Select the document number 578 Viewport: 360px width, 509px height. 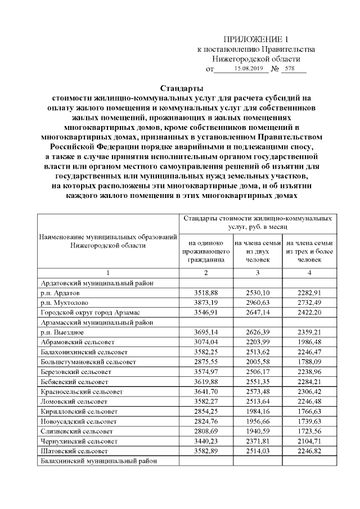pyautogui.click(x=290, y=69)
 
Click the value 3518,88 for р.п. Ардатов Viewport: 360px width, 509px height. pyautogui.click(x=205, y=294)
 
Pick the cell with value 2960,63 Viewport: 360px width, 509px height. pyautogui.click(x=258, y=303)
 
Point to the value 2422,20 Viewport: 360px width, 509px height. pyautogui.click(x=309, y=312)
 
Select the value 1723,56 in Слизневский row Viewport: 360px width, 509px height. pyautogui.click(x=309, y=431)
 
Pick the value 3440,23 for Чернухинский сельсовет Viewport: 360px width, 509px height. pyautogui.click(x=205, y=441)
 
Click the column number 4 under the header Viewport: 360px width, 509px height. pyautogui.click(x=309, y=273)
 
